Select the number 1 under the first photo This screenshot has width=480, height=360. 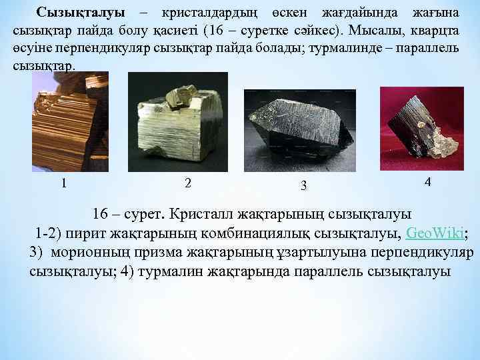(63, 183)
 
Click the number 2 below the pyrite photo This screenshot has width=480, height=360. (188, 183)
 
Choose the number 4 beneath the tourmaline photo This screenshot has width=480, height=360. (427, 181)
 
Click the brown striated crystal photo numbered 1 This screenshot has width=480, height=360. (70, 120)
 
